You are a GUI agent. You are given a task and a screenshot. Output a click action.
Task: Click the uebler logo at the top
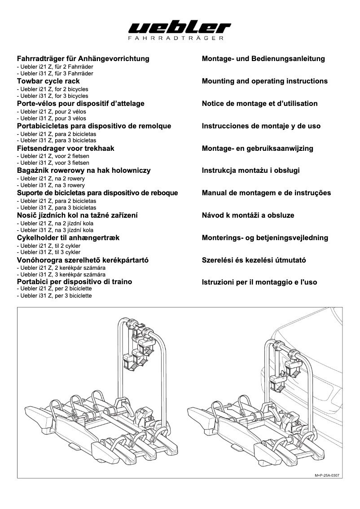180,28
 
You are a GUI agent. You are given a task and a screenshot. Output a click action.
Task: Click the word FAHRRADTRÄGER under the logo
180,39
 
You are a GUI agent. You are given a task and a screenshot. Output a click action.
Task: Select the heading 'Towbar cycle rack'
48,81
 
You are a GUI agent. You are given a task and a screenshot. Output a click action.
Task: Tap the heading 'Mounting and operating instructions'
265,81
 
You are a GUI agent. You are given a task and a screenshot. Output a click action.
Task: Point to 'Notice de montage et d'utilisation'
260,104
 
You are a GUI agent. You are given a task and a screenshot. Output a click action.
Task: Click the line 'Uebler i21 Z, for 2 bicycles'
53,89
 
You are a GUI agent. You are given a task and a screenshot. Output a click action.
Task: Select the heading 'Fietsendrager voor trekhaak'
66,148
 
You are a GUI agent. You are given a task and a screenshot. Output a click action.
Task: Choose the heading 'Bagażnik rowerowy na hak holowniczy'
83,171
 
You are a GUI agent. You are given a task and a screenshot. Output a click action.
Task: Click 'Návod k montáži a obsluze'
248,215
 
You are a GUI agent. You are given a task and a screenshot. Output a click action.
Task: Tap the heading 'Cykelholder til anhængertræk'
68,237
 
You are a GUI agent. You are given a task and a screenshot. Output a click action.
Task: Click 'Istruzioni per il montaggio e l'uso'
259,282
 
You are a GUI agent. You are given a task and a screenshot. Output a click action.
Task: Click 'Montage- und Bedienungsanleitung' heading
263,59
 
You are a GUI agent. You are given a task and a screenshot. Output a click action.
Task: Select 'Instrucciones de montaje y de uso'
261,126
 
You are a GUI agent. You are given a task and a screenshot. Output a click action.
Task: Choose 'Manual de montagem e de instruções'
266,193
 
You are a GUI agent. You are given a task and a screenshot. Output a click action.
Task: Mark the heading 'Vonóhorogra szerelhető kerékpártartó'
83,260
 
